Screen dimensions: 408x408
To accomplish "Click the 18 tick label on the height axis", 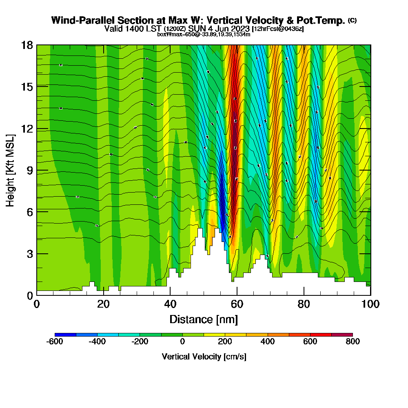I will click(x=27, y=45).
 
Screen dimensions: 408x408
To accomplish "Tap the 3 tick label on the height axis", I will click(x=29, y=253).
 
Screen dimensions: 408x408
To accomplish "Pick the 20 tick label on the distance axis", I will click(x=104, y=304).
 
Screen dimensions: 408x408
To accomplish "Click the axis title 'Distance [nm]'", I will click(x=204, y=319).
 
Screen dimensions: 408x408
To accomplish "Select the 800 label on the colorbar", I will click(x=353, y=341).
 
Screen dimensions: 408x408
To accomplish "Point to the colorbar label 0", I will click(x=182, y=341).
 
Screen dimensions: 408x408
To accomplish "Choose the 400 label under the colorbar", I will click(x=268, y=341).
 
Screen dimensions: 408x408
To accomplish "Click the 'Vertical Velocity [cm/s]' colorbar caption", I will click(x=204, y=357).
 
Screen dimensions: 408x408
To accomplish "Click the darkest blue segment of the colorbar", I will click(x=65, y=335).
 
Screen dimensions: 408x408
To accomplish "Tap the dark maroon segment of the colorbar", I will click(x=342, y=335).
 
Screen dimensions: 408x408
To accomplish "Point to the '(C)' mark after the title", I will click(x=352, y=20).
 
